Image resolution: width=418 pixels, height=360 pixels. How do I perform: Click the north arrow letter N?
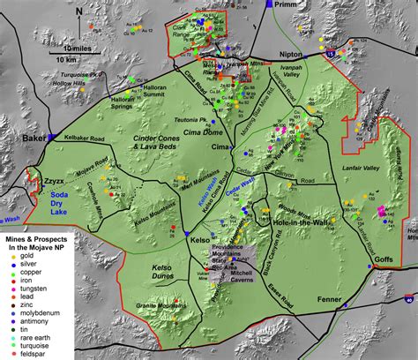[x=78, y=11]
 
